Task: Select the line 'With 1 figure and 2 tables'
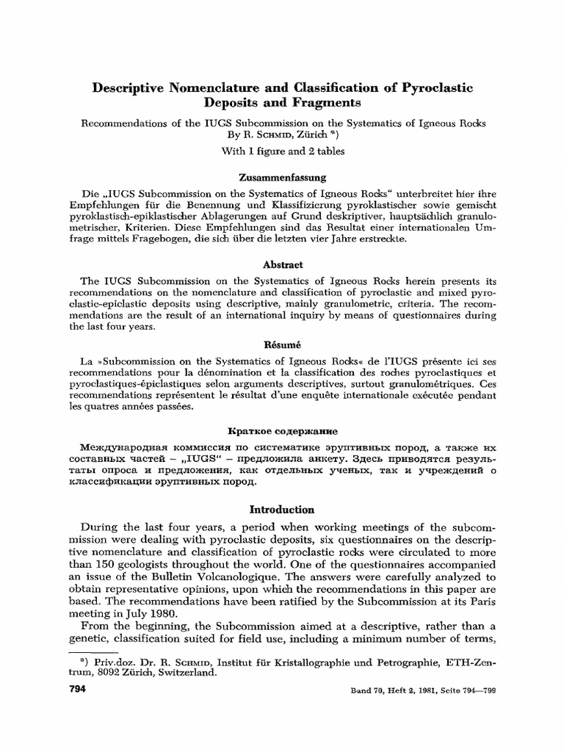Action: click(281, 151)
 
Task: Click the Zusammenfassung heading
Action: click(281, 178)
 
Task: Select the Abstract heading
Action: click(281, 264)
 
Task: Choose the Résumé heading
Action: click(281, 344)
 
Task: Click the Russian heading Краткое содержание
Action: click(281, 431)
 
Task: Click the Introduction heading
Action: click(281, 509)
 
